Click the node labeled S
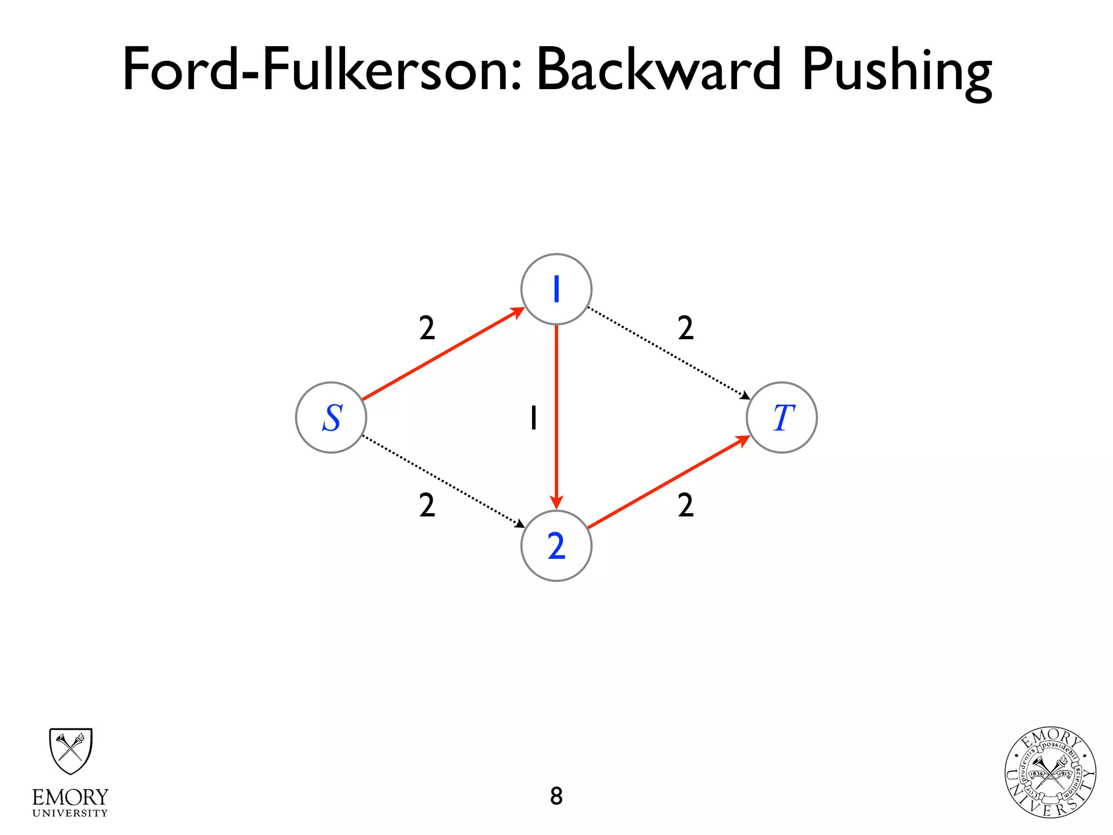click(x=331, y=417)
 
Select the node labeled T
click(x=781, y=417)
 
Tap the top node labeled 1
click(x=556, y=289)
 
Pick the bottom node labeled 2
click(x=556, y=546)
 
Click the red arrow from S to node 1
click(x=443, y=354)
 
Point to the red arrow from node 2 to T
click(x=668, y=482)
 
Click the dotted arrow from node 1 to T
click(x=668, y=353)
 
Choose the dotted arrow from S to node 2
click(x=443, y=482)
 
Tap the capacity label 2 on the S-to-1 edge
click(x=427, y=328)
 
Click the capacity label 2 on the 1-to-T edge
click(x=685, y=328)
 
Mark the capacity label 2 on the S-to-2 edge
click(x=427, y=505)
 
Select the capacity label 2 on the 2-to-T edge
click(x=685, y=505)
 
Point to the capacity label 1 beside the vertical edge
click(x=534, y=418)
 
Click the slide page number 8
click(x=556, y=796)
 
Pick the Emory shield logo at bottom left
click(x=71, y=751)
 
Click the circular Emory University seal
click(x=1050, y=772)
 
